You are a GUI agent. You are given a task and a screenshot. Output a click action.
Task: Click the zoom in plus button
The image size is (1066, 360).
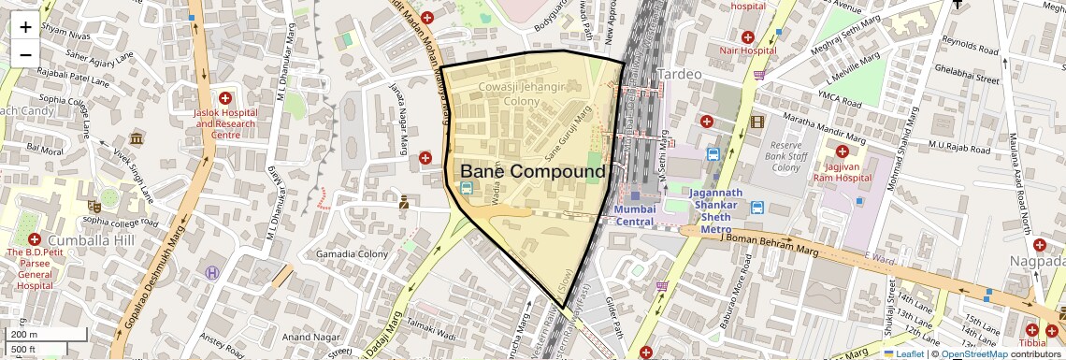pyautogui.click(x=25, y=26)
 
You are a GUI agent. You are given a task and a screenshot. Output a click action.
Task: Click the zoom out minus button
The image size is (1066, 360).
pyautogui.click(x=25, y=54)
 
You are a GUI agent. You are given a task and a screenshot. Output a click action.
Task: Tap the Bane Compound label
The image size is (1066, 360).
pyautogui.click(x=533, y=172)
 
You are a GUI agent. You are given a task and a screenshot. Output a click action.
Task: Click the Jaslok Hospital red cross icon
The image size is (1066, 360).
pyautogui.click(x=224, y=98)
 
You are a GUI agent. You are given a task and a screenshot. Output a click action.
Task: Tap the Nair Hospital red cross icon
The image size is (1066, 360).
pyautogui.click(x=747, y=34)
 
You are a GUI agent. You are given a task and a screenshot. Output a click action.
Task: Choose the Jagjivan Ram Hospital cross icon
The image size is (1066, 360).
pyautogui.click(x=842, y=151)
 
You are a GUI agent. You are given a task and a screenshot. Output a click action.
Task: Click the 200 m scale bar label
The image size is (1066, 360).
pyautogui.click(x=25, y=334)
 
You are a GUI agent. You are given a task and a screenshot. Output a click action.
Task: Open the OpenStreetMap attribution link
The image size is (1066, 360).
pyautogui.click(x=973, y=353)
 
